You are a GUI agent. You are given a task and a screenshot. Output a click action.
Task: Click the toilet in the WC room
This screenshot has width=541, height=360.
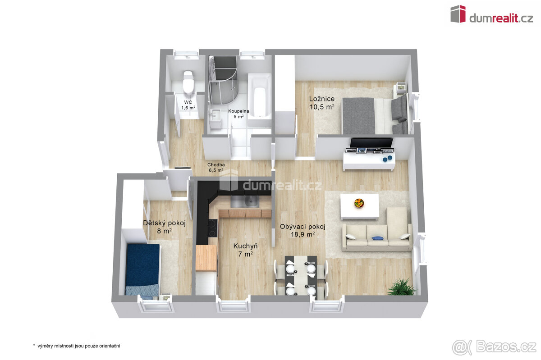(x=188, y=82)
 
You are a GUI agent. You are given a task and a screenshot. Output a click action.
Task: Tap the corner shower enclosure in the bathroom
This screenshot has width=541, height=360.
(x=223, y=80)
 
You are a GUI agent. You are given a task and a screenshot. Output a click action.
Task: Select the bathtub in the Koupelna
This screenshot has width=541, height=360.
(x=259, y=100)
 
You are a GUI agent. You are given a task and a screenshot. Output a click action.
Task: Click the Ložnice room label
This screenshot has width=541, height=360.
(x=322, y=99)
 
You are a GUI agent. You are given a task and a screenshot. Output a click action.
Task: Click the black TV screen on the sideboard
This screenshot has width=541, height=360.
(x=371, y=143)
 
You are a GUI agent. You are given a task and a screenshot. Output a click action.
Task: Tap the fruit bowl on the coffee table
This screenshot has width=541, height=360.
(x=359, y=203)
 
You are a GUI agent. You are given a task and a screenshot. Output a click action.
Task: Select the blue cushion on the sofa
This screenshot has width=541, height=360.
(x=377, y=238)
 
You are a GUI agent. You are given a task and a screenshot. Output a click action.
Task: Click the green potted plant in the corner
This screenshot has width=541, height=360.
(x=401, y=287)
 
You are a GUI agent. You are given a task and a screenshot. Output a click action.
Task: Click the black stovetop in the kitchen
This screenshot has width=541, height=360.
(x=212, y=228)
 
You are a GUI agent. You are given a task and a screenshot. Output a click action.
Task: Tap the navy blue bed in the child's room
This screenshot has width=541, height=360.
(x=142, y=270)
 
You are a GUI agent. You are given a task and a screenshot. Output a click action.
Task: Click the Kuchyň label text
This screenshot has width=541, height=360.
(x=245, y=246)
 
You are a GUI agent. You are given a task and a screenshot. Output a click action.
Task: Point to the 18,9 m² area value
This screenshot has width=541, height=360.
(x=303, y=234)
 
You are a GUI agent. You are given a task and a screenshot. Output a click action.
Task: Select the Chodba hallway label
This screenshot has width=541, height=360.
(x=216, y=164)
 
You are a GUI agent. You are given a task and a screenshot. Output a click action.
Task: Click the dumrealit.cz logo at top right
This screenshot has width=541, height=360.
(x=491, y=15)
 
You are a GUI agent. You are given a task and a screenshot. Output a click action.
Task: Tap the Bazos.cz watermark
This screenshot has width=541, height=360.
(x=494, y=347)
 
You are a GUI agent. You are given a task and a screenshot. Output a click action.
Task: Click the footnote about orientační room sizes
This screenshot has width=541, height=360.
(x=77, y=346)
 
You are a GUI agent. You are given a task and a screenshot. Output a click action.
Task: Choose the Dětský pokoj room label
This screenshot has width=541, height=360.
(x=164, y=223)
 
